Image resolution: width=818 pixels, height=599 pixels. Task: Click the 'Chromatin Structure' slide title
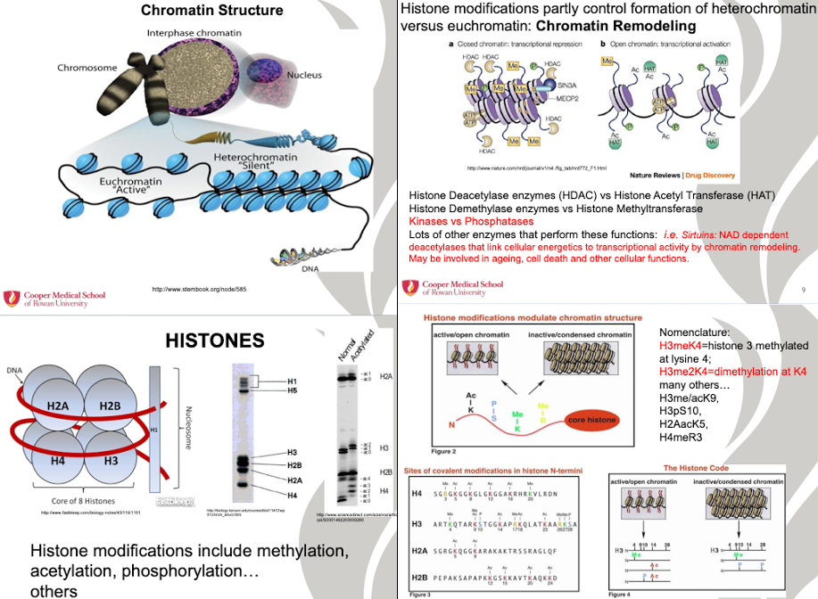[x=212, y=11]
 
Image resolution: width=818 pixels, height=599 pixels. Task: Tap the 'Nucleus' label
[x=304, y=76]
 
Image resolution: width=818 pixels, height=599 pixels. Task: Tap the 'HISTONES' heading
[x=214, y=340]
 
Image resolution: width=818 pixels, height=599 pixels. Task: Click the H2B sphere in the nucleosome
[x=109, y=407]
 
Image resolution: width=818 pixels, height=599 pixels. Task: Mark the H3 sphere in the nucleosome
[x=109, y=461]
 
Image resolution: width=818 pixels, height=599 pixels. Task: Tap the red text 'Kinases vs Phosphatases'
[x=471, y=221]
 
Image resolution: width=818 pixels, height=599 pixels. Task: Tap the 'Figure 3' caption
[x=419, y=594]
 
